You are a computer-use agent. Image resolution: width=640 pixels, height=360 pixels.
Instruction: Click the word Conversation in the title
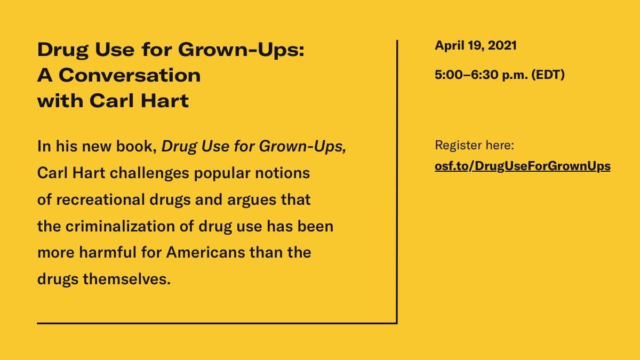tap(130, 75)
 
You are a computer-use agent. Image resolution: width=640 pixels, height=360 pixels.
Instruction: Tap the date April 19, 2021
tap(476, 46)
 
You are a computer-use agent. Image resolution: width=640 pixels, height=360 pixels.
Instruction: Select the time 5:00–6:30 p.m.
tap(481, 75)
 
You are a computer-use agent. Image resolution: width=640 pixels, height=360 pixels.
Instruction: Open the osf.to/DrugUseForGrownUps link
tap(523, 166)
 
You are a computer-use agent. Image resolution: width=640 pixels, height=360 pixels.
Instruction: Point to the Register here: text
tap(474, 145)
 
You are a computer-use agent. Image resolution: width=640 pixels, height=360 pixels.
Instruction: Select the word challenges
tap(143, 174)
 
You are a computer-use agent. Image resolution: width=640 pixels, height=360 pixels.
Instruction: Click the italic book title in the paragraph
tap(254, 147)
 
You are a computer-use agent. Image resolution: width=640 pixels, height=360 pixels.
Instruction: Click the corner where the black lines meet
tap(396, 322)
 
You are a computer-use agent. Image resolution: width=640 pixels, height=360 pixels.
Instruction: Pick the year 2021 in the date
tap(502, 46)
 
